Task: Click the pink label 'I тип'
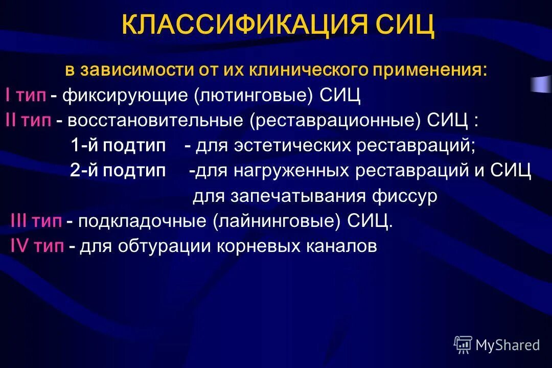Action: [x=26, y=95]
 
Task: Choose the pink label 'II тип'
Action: [x=29, y=120]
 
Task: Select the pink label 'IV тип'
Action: [x=37, y=246]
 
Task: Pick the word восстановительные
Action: [x=156, y=120]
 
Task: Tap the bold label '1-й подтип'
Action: [x=119, y=146]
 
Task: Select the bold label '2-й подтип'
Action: [x=118, y=171]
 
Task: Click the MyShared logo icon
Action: [x=463, y=344]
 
